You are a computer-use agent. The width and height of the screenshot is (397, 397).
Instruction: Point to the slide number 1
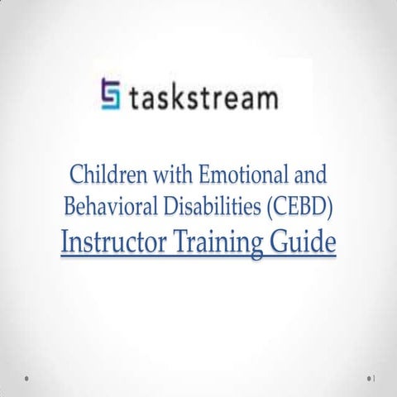(x=375, y=379)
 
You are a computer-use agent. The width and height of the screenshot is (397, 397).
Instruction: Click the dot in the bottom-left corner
(x=27, y=379)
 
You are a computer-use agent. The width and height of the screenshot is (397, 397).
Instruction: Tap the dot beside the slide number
(x=368, y=379)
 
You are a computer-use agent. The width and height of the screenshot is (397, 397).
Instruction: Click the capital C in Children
(x=76, y=175)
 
